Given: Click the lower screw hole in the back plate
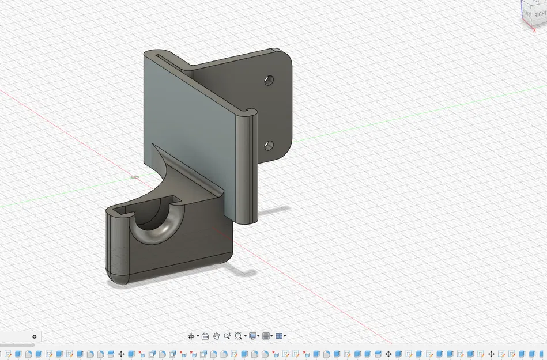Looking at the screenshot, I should (x=269, y=145).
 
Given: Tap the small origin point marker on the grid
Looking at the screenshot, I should (x=135, y=177).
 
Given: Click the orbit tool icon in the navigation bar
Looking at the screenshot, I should (x=191, y=336).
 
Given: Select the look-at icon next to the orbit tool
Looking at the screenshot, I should (x=205, y=336).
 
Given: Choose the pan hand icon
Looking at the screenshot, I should (x=216, y=336).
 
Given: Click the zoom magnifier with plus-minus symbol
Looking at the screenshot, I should (x=227, y=336).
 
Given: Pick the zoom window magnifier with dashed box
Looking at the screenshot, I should (x=239, y=336).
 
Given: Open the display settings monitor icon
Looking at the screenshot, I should (x=253, y=336).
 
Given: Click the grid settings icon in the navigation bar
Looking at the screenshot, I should (x=266, y=336).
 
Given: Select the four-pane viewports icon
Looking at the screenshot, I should (x=280, y=336).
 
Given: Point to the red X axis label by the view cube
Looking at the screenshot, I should (x=535, y=30).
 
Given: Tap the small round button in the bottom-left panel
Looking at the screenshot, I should (x=34, y=336).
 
